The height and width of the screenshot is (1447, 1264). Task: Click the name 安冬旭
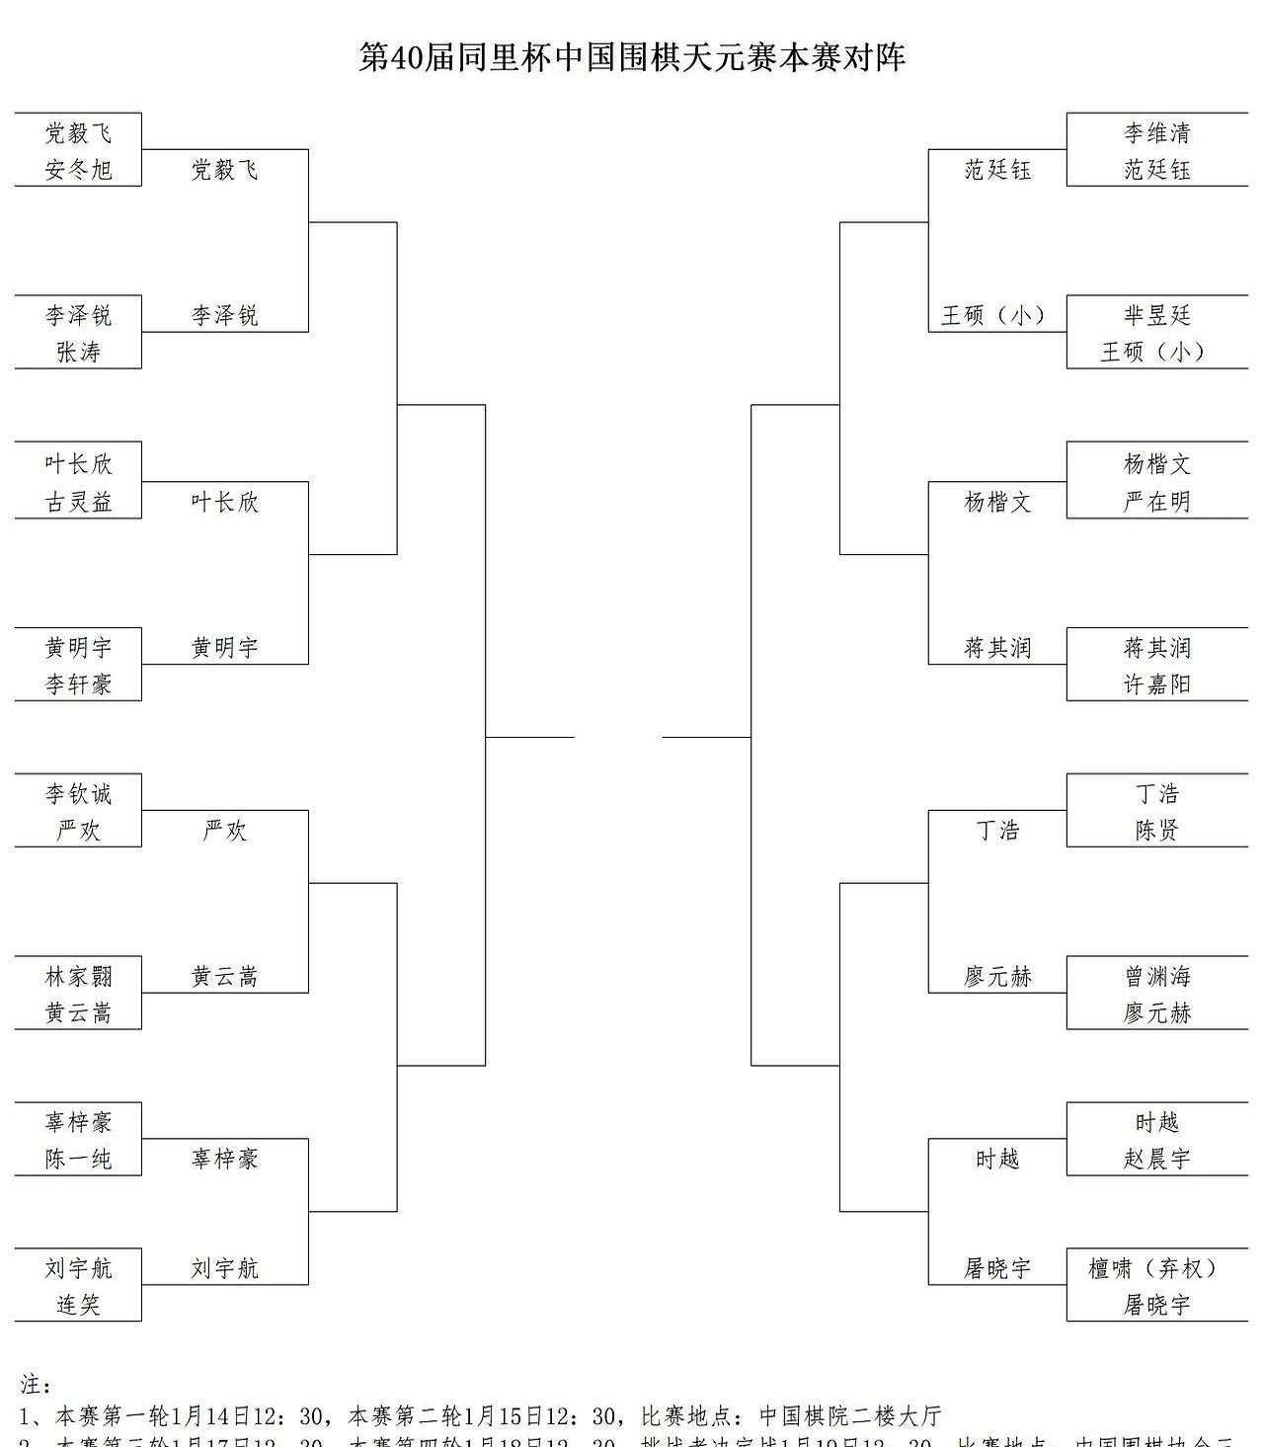[x=78, y=170]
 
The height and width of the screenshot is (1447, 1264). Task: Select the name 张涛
[x=78, y=352]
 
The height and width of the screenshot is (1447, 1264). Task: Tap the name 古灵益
[x=78, y=502]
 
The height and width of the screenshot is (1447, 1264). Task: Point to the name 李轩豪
[x=78, y=683]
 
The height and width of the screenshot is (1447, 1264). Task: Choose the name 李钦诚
[x=78, y=794]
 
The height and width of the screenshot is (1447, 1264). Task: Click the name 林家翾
[x=78, y=977]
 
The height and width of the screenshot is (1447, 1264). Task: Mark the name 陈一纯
[x=78, y=1159]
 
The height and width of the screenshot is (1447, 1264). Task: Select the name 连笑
[x=78, y=1305]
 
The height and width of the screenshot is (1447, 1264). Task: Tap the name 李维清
[x=1156, y=133]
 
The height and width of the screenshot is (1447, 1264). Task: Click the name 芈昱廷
[x=1156, y=316]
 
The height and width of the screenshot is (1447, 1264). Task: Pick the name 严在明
[x=1156, y=502]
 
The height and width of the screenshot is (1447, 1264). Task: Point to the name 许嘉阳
[x=1156, y=683]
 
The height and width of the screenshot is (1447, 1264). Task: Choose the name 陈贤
[x=1156, y=831]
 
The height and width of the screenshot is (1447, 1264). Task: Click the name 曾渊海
[x=1156, y=977]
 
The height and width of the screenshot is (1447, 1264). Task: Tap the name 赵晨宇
[x=1156, y=1159]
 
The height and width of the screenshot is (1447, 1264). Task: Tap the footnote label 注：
[x=36, y=1386]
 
